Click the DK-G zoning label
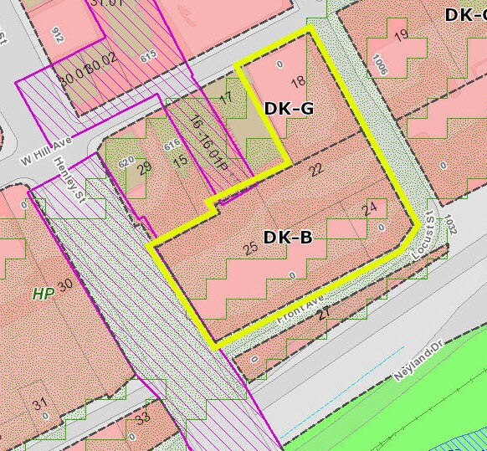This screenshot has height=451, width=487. pos(289,108)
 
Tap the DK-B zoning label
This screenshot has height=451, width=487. pos(288,238)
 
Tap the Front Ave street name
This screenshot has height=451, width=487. pos(300,315)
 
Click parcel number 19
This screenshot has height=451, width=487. pos(400,34)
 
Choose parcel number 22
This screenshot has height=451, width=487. pos(315,170)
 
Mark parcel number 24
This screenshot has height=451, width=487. pos(370,208)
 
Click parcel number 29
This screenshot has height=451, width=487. pos(145,168)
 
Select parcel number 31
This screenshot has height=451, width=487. pos(39,405)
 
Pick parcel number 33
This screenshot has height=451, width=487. pos(142,417)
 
